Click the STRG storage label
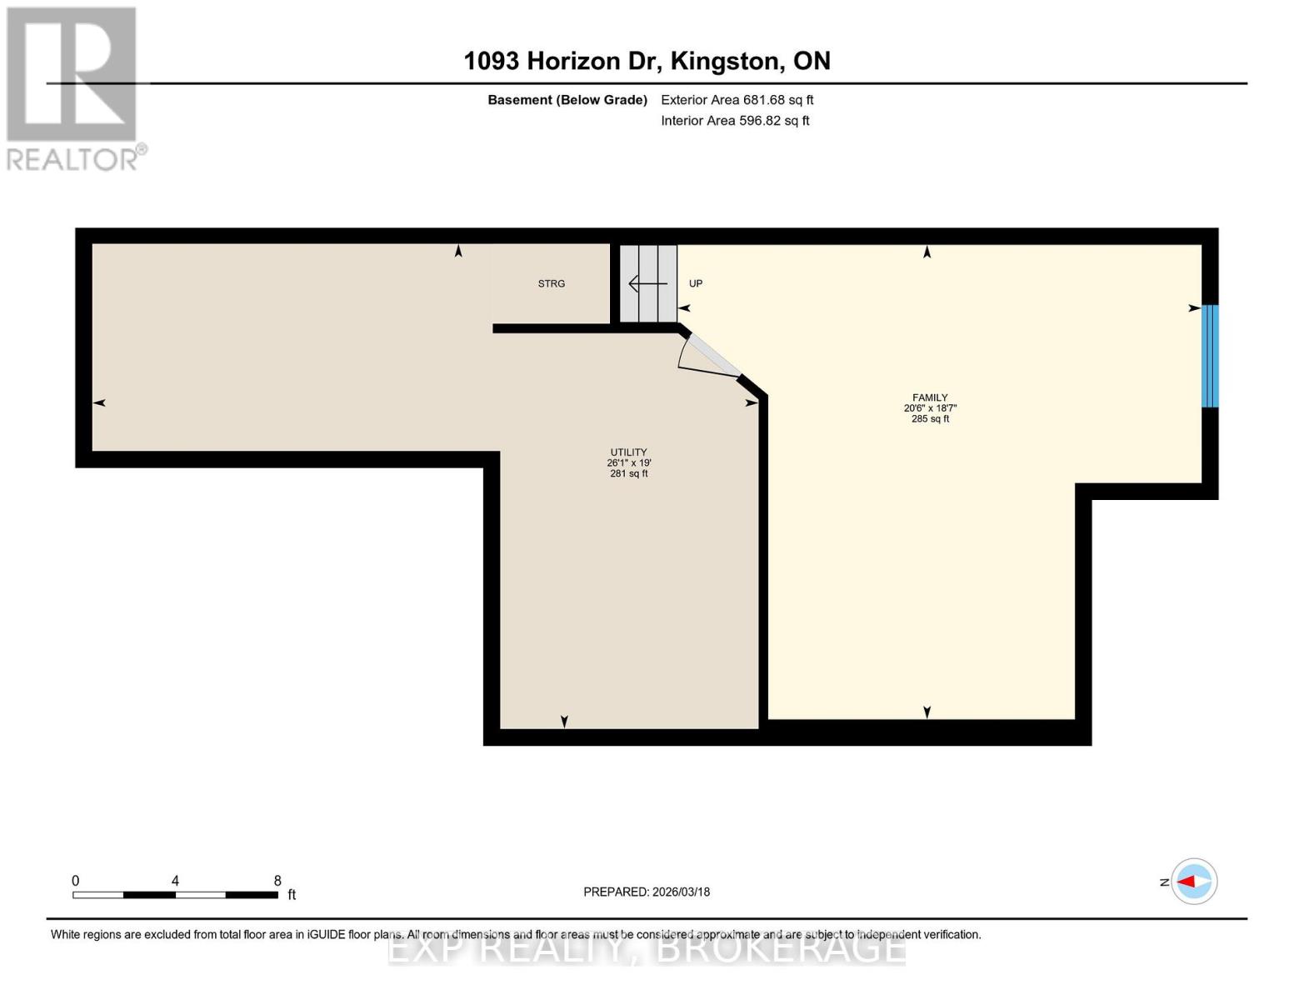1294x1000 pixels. pos(551,284)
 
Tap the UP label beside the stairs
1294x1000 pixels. pos(696,284)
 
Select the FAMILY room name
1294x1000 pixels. pos(930,397)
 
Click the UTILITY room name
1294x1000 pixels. pos(628,452)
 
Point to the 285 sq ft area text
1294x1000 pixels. pos(930,419)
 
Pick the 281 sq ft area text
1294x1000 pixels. pos(628,473)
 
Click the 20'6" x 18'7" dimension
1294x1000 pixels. pos(930,408)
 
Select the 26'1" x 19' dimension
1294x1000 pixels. pos(628,463)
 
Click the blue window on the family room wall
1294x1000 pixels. pos(1210,356)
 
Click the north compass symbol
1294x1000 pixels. pos(1193,882)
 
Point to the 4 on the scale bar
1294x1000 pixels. pos(175,881)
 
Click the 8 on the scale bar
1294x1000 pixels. pos(277,881)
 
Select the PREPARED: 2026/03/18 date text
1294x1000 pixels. pos(647,892)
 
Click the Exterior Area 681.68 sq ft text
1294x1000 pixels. pos(737,100)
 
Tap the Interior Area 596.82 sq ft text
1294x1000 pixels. pos(735,121)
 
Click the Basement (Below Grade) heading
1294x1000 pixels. pos(567,100)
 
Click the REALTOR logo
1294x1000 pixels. pos(73,87)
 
